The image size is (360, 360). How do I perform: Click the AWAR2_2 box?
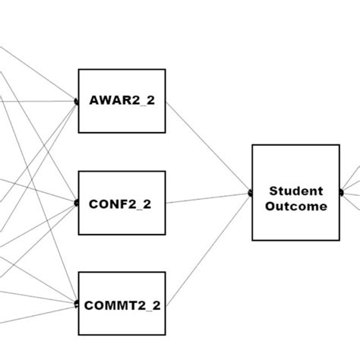[122, 101]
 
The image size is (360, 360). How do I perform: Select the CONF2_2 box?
[122, 203]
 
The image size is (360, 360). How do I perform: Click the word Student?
[296, 191]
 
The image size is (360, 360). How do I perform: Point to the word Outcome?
[296, 206]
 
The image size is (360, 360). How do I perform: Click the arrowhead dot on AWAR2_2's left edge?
[77, 101]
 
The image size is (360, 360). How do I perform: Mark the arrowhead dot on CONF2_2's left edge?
[77, 203]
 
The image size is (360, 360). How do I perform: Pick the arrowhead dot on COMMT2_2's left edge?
[77, 304]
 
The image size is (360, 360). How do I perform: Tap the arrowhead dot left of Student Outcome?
[251, 193]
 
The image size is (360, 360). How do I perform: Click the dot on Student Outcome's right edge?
[340, 193]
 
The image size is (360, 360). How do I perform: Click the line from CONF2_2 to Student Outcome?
[209, 198]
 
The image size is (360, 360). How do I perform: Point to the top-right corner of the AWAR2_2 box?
[165, 70]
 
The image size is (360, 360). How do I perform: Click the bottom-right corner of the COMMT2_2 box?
[165, 335]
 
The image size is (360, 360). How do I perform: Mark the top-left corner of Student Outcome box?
[253, 145]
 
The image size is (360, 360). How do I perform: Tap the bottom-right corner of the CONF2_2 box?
[165, 234]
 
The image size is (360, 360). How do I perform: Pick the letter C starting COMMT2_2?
[89, 305]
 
